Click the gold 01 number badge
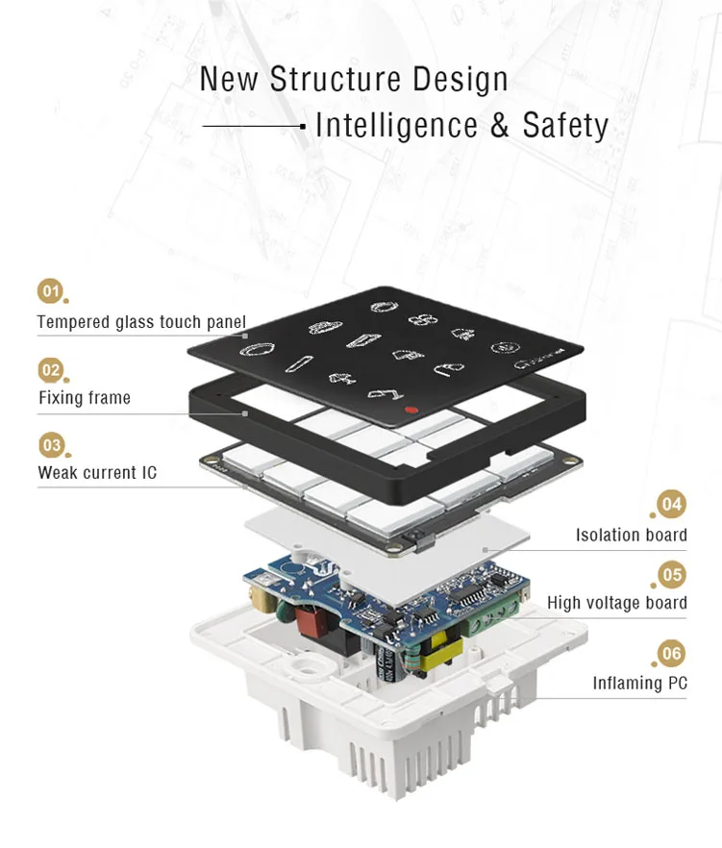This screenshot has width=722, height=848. (x=50, y=291)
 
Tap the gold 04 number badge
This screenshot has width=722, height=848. (x=671, y=504)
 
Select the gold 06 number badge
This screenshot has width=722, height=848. (x=671, y=654)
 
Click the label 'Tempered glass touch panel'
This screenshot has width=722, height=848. (x=141, y=322)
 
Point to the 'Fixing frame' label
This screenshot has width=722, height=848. (x=85, y=398)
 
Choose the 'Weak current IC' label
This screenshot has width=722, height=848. (x=97, y=472)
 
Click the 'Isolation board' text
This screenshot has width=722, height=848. (x=631, y=535)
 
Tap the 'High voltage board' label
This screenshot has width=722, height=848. (x=617, y=603)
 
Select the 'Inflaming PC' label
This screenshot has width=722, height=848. (x=639, y=683)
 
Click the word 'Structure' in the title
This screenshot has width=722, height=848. (x=336, y=79)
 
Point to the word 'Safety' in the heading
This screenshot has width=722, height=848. (x=565, y=125)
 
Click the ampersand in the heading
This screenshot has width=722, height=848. (x=500, y=125)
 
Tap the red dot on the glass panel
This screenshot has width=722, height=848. (x=411, y=410)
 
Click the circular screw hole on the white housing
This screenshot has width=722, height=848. (x=307, y=667)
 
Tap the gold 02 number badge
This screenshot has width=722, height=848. (x=51, y=370)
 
